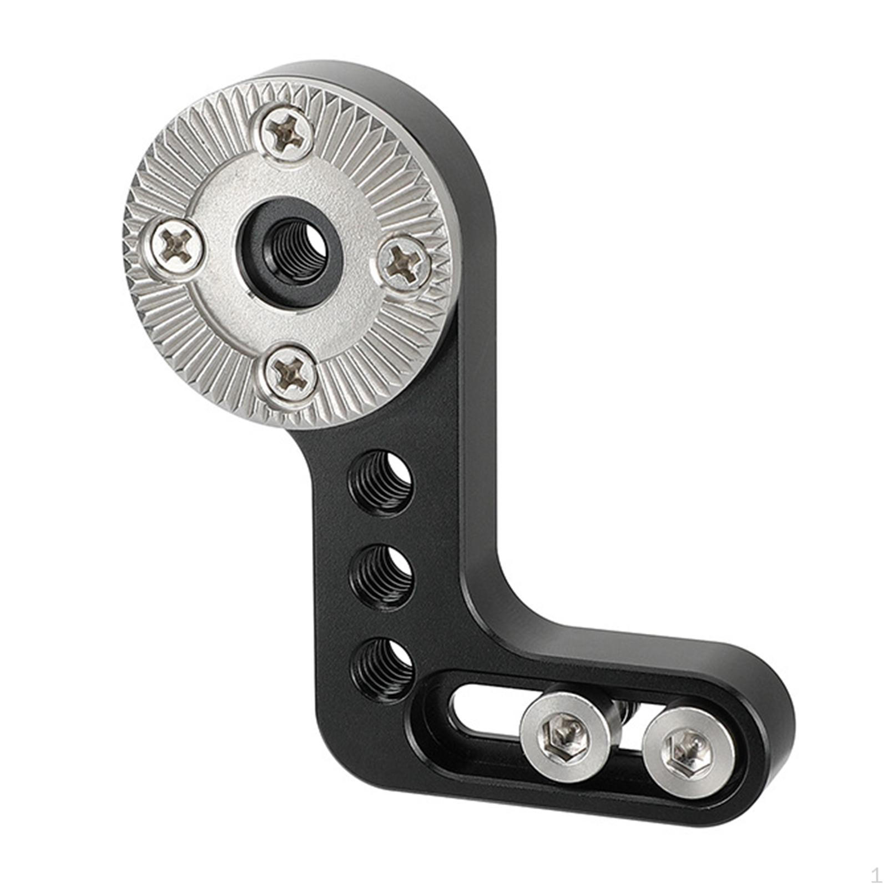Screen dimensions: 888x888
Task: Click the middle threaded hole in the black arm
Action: pos(381,577)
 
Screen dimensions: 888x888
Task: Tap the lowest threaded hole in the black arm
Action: pos(382,670)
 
